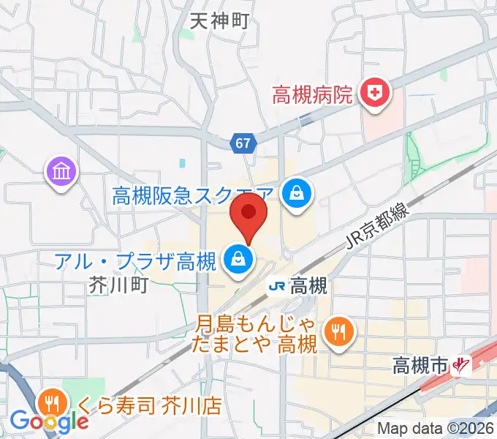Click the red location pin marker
click(x=248, y=217)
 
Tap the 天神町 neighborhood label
click(x=219, y=21)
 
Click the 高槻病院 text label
click(x=313, y=94)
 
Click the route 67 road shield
click(x=245, y=143)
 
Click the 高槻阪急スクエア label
click(x=194, y=195)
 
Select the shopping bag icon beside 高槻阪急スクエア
click(x=298, y=193)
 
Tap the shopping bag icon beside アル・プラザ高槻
click(x=238, y=258)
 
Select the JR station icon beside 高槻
click(x=278, y=285)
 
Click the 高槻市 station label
click(x=420, y=364)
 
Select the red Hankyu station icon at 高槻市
click(x=461, y=364)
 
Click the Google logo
click(x=49, y=421)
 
